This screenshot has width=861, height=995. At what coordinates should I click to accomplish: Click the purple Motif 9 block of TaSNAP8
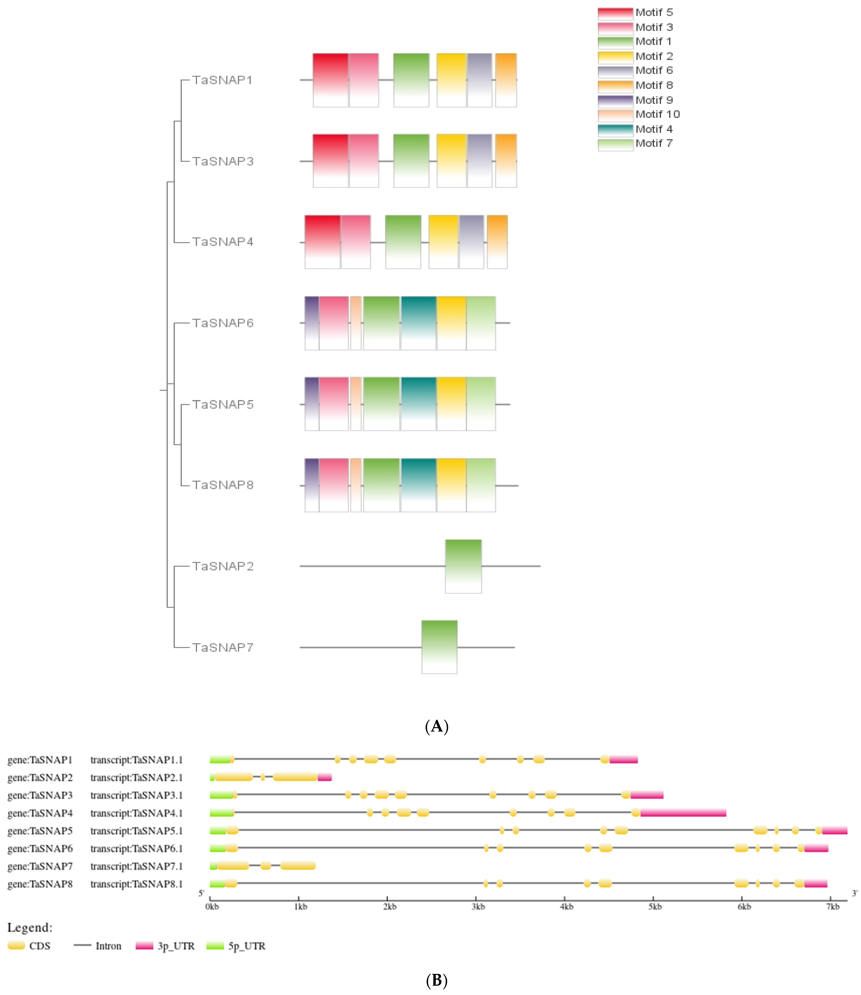(312, 485)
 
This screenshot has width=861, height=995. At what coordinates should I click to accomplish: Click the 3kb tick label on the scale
(478, 907)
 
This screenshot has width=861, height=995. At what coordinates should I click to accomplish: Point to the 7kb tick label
(833, 907)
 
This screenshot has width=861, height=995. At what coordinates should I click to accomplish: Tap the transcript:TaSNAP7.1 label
(137, 866)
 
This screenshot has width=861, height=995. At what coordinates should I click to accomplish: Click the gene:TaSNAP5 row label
(40, 831)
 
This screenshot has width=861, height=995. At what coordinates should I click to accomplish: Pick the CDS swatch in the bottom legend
(16, 946)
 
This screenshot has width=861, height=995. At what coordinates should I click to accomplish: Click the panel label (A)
(437, 726)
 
